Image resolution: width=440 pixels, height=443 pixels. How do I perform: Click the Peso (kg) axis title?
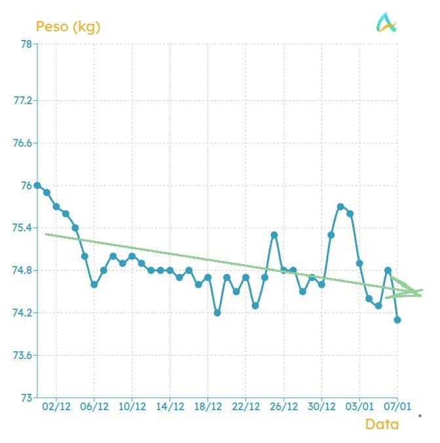[x=68, y=27]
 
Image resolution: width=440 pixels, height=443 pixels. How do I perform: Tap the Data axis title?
[x=382, y=424]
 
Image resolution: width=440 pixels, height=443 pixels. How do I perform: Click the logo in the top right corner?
[x=387, y=24]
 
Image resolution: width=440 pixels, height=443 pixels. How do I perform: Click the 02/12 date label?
[x=56, y=406]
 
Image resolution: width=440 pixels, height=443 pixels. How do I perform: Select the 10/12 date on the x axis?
[x=132, y=406]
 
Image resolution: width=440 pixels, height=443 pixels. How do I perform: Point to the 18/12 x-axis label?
[x=208, y=406]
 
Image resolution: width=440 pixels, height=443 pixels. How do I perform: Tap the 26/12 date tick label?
[x=284, y=406]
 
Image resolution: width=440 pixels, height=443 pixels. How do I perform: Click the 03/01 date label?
[x=359, y=406]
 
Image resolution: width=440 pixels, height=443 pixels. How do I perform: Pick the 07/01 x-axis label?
[x=397, y=406]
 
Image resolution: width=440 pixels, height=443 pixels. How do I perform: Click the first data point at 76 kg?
[x=37, y=185]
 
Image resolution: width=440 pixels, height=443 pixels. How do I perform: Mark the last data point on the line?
[x=397, y=320]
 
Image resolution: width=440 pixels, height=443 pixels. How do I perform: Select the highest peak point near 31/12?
[x=340, y=206]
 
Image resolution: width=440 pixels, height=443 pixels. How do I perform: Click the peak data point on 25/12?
[x=274, y=235]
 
